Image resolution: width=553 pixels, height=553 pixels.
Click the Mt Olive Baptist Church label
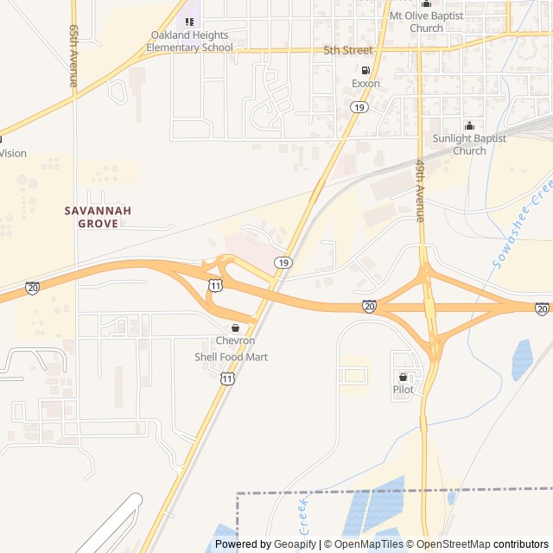(x=426, y=22)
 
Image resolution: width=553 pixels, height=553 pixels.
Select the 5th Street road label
(x=348, y=50)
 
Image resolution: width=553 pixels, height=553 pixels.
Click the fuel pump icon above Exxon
(x=365, y=70)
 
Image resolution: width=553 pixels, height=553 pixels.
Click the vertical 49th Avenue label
(x=420, y=190)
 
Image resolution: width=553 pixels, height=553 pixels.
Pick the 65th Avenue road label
(x=73, y=56)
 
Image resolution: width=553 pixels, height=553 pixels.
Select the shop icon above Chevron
(x=235, y=327)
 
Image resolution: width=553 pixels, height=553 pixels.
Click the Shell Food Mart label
(x=231, y=357)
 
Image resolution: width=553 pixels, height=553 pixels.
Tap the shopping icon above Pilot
(x=404, y=377)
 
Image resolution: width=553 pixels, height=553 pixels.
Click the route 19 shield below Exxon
(x=358, y=106)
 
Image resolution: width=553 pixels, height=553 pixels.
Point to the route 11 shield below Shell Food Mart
(x=226, y=378)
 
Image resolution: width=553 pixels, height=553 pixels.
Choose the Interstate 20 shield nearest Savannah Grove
(x=32, y=286)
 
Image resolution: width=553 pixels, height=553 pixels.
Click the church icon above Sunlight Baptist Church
(x=469, y=126)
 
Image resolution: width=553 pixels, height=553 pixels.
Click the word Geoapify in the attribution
(x=295, y=544)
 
